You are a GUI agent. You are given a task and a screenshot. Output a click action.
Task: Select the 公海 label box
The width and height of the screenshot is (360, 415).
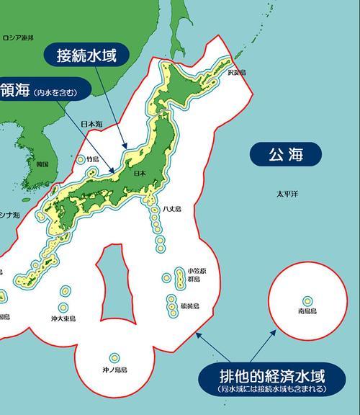(x=286, y=154)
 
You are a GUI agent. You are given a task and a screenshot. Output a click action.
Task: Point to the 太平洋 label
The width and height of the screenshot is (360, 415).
(x=287, y=195)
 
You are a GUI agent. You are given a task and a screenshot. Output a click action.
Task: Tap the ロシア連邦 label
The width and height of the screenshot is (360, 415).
(x=18, y=37)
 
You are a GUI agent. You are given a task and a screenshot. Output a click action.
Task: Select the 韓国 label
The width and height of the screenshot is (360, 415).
(x=42, y=164)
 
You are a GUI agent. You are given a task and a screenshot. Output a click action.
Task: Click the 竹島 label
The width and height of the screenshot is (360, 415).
(x=92, y=159)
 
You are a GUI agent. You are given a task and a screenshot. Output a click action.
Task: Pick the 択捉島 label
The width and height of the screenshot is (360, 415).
(x=237, y=73)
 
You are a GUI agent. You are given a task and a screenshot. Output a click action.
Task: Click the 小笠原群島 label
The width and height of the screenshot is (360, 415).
(x=196, y=275)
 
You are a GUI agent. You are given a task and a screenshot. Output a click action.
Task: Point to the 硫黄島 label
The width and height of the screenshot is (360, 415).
(x=190, y=305)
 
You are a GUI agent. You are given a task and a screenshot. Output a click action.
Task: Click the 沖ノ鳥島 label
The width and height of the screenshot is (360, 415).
(x=114, y=370)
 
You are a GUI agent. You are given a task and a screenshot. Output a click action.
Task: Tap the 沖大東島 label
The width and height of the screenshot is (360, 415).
(x=63, y=318)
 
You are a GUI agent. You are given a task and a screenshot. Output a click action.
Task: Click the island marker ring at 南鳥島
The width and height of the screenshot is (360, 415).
(x=307, y=301)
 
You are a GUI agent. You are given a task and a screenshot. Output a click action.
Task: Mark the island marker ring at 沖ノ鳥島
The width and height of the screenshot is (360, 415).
(x=114, y=357)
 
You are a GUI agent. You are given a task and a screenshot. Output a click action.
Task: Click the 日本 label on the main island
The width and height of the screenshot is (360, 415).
(x=140, y=174)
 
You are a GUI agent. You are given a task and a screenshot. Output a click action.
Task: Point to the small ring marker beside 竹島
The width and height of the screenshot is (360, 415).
(x=80, y=159)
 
